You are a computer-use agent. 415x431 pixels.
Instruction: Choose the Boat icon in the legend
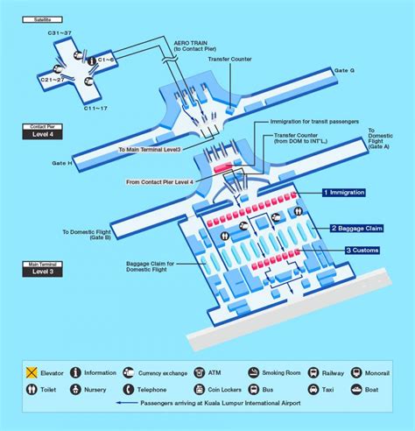pos(357,389)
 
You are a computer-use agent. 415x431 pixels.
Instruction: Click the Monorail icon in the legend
pos(357,371)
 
